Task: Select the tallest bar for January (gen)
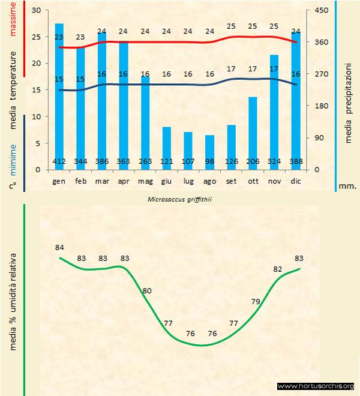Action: click(59, 96)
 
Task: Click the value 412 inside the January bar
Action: click(59, 162)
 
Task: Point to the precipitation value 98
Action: click(209, 162)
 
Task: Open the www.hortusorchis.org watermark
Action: click(316, 386)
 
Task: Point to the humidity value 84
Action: click(59, 247)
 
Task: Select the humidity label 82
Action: click(278, 269)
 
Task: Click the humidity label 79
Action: click(256, 301)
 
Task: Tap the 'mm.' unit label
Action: click(348, 186)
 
